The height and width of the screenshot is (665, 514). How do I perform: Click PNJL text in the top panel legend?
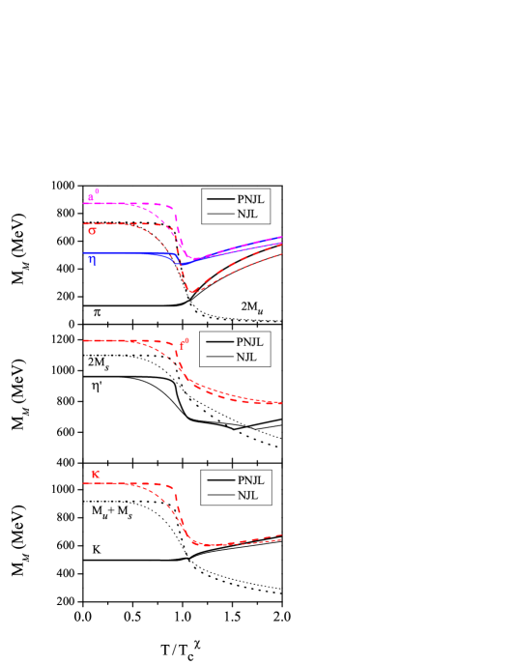250,199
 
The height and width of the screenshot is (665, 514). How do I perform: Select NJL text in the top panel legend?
247,214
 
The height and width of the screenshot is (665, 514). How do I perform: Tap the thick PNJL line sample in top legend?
220,199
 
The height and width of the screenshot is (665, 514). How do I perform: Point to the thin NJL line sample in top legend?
220,214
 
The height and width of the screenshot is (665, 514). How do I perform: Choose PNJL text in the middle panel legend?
249,342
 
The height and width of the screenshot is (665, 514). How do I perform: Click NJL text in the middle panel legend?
246,357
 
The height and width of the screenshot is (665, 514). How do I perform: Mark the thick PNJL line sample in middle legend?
219,342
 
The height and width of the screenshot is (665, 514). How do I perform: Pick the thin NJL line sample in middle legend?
219,357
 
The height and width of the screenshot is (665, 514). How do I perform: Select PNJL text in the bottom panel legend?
250,480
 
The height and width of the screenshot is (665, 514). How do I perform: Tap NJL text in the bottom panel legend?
247,495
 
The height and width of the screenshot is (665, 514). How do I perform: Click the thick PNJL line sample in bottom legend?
221,480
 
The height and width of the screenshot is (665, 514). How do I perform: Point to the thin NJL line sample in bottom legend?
221,495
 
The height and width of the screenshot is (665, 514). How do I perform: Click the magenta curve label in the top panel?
93,196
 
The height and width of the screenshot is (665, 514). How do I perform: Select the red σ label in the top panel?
92,231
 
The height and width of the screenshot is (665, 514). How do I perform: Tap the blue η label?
92,260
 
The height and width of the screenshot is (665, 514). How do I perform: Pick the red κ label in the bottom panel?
95,475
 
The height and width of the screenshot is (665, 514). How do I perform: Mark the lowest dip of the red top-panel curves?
192,291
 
